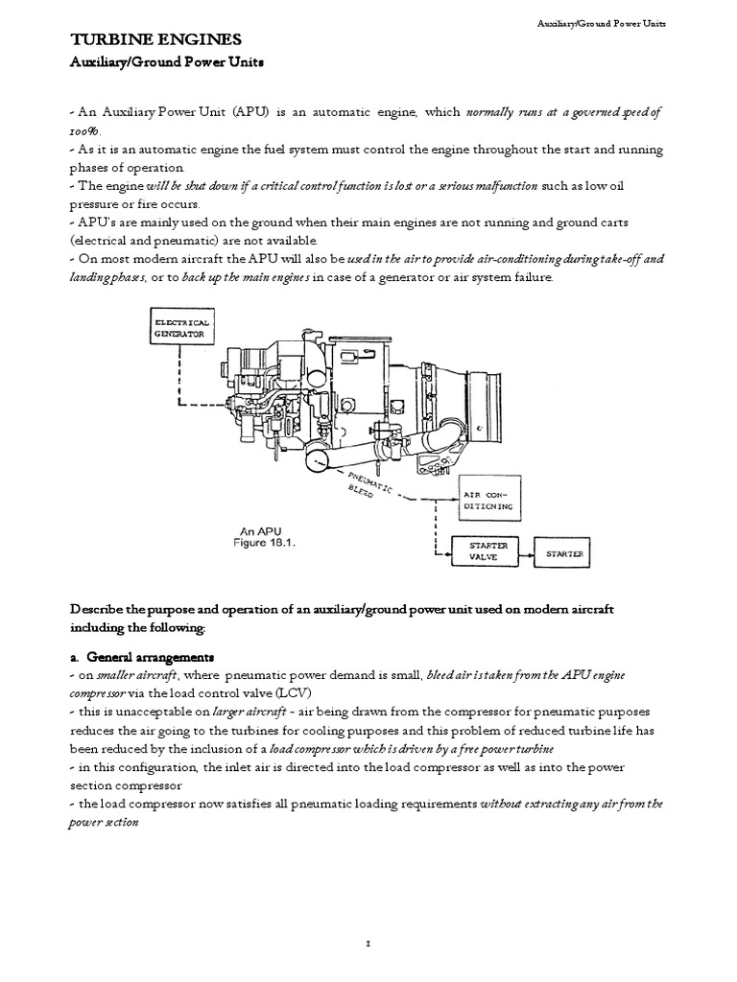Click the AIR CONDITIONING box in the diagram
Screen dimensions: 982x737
(x=491, y=498)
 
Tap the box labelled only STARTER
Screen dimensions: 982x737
(x=563, y=553)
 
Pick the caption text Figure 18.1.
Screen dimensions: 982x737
(x=267, y=541)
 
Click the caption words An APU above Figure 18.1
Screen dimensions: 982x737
(x=257, y=529)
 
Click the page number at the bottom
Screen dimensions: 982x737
(x=368, y=918)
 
